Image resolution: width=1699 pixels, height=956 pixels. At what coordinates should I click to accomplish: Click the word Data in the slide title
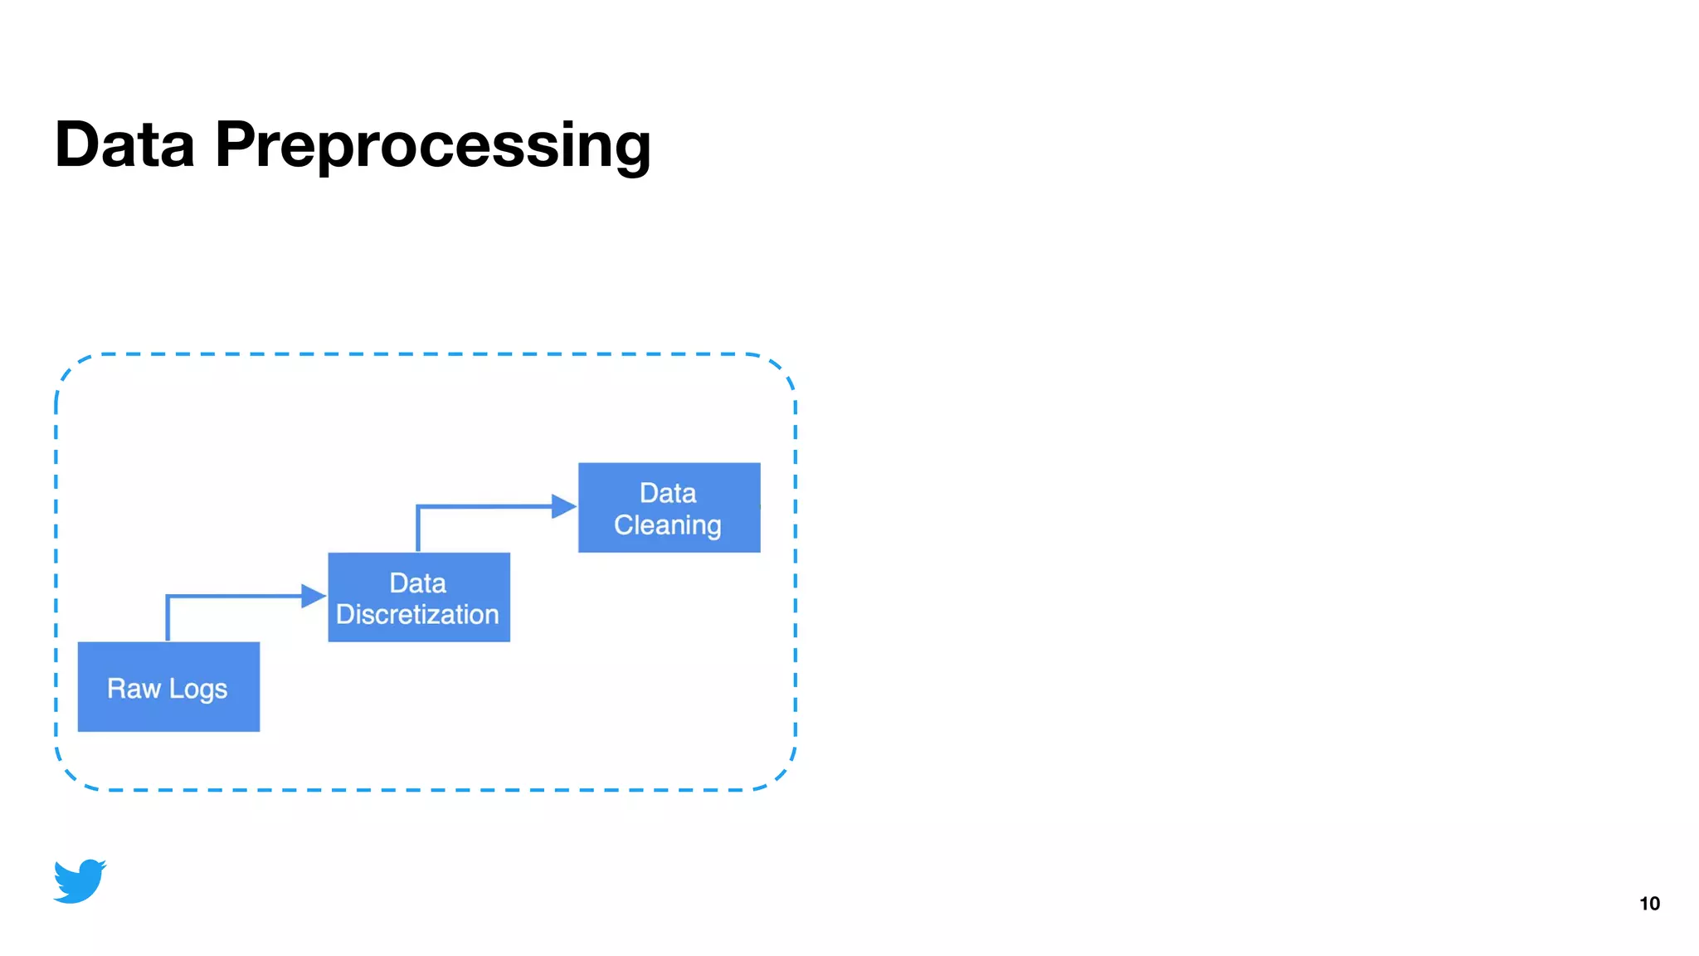(x=124, y=145)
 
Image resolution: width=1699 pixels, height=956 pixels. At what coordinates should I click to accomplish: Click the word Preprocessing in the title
(x=432, y=145)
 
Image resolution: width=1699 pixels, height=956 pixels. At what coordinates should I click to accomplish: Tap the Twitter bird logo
(x=80, y=881)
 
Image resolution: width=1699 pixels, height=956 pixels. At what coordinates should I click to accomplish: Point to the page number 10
(x=1649, y=904)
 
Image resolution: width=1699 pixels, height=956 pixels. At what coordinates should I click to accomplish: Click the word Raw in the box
(x=134, y=688)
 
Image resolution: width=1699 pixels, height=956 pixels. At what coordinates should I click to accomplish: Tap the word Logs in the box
(x=198, y=689)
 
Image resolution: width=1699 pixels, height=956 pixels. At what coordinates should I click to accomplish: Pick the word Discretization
(x=417, y=615)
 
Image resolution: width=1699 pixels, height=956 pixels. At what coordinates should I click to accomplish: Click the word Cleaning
(x=667, y=525)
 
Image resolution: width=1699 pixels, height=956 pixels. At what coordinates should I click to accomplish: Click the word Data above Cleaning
(x=668, y=493)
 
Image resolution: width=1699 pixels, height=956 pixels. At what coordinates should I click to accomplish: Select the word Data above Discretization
(x=417, y=583)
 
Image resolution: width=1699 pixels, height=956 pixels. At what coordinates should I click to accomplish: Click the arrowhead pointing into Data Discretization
(x=314, y=596)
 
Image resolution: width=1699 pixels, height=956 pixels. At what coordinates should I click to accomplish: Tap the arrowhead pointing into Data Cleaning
(x=563, y=506)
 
